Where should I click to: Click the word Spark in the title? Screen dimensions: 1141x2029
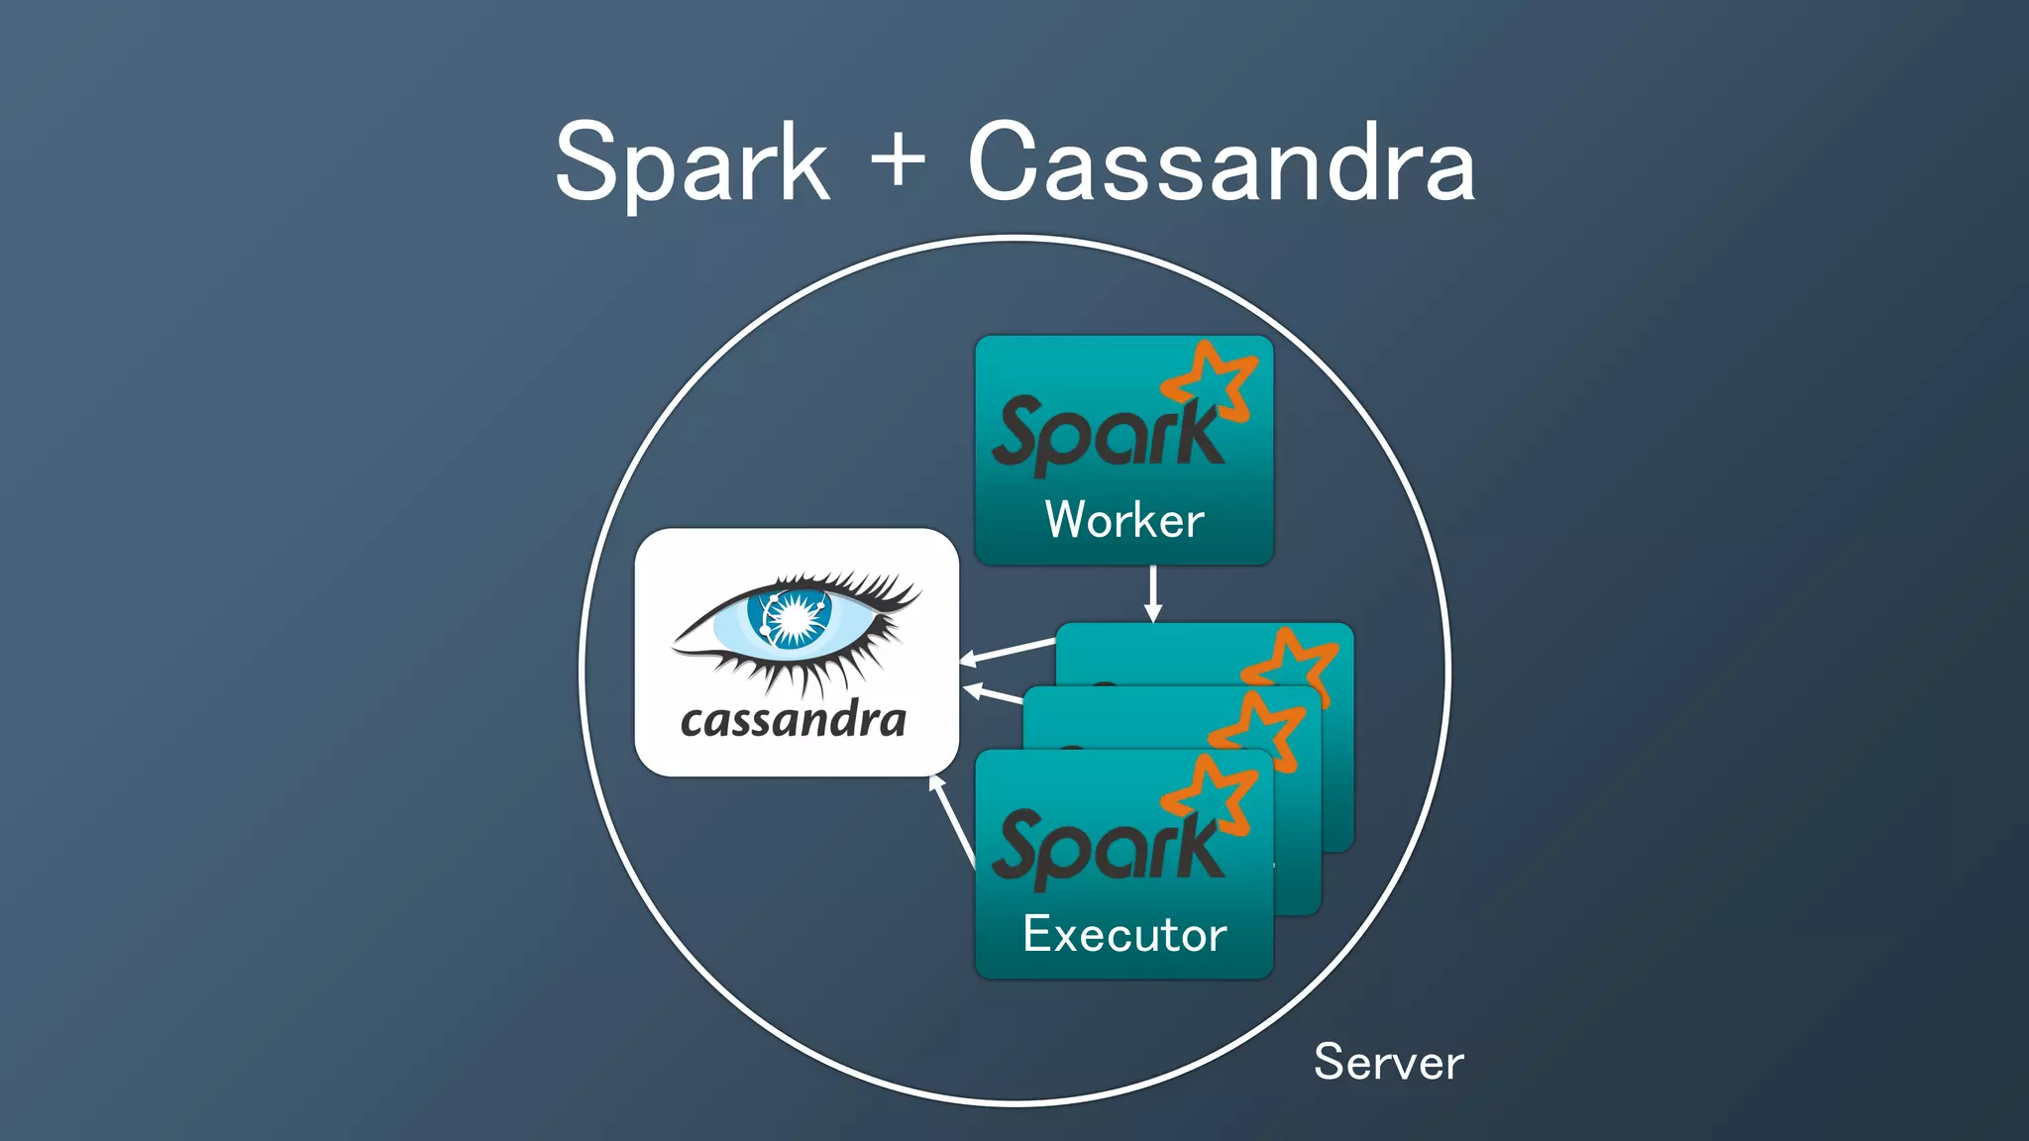point(692,163)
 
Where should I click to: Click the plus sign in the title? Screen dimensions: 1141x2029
point(898,158)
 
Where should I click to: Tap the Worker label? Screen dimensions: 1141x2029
point(1124,520)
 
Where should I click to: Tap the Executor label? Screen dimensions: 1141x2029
point(1124,934)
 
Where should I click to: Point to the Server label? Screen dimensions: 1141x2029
point(1388,1062)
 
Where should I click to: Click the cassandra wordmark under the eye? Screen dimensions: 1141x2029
point(793,720)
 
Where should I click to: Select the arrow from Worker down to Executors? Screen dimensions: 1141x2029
point(1153,593)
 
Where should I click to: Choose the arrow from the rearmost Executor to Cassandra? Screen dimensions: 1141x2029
point(1008,651)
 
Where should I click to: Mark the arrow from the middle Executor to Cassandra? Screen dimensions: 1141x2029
point(992,692)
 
